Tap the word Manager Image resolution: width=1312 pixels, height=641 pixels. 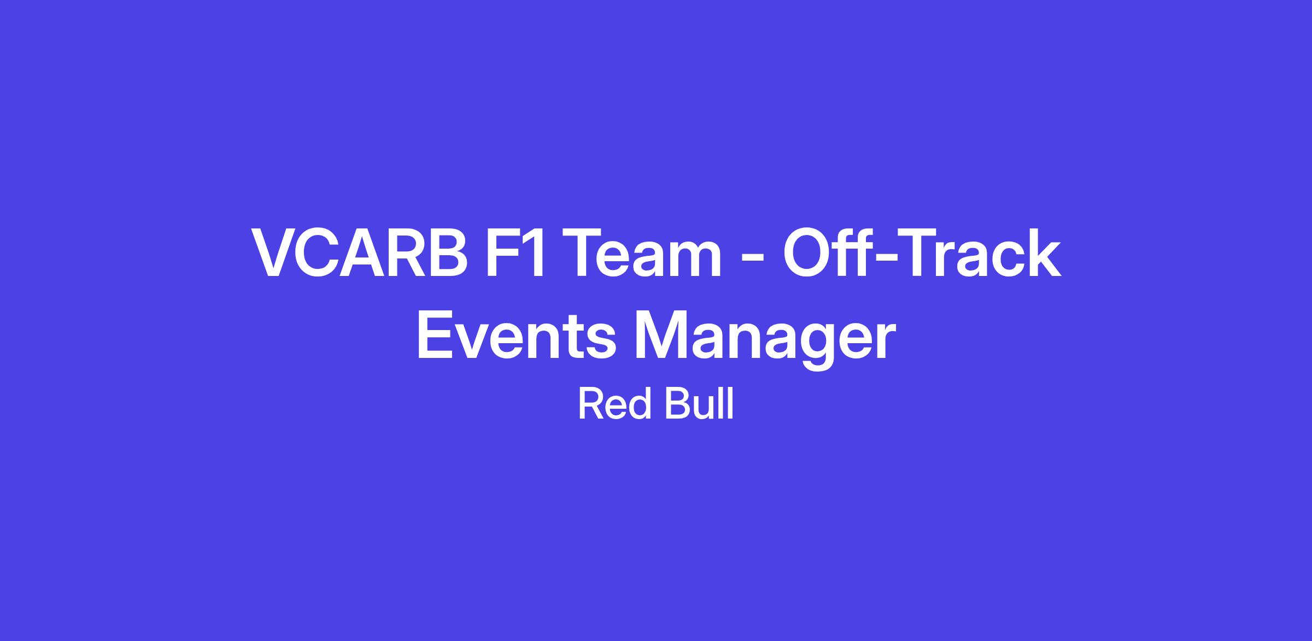766,341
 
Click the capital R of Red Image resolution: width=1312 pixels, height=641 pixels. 591,404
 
